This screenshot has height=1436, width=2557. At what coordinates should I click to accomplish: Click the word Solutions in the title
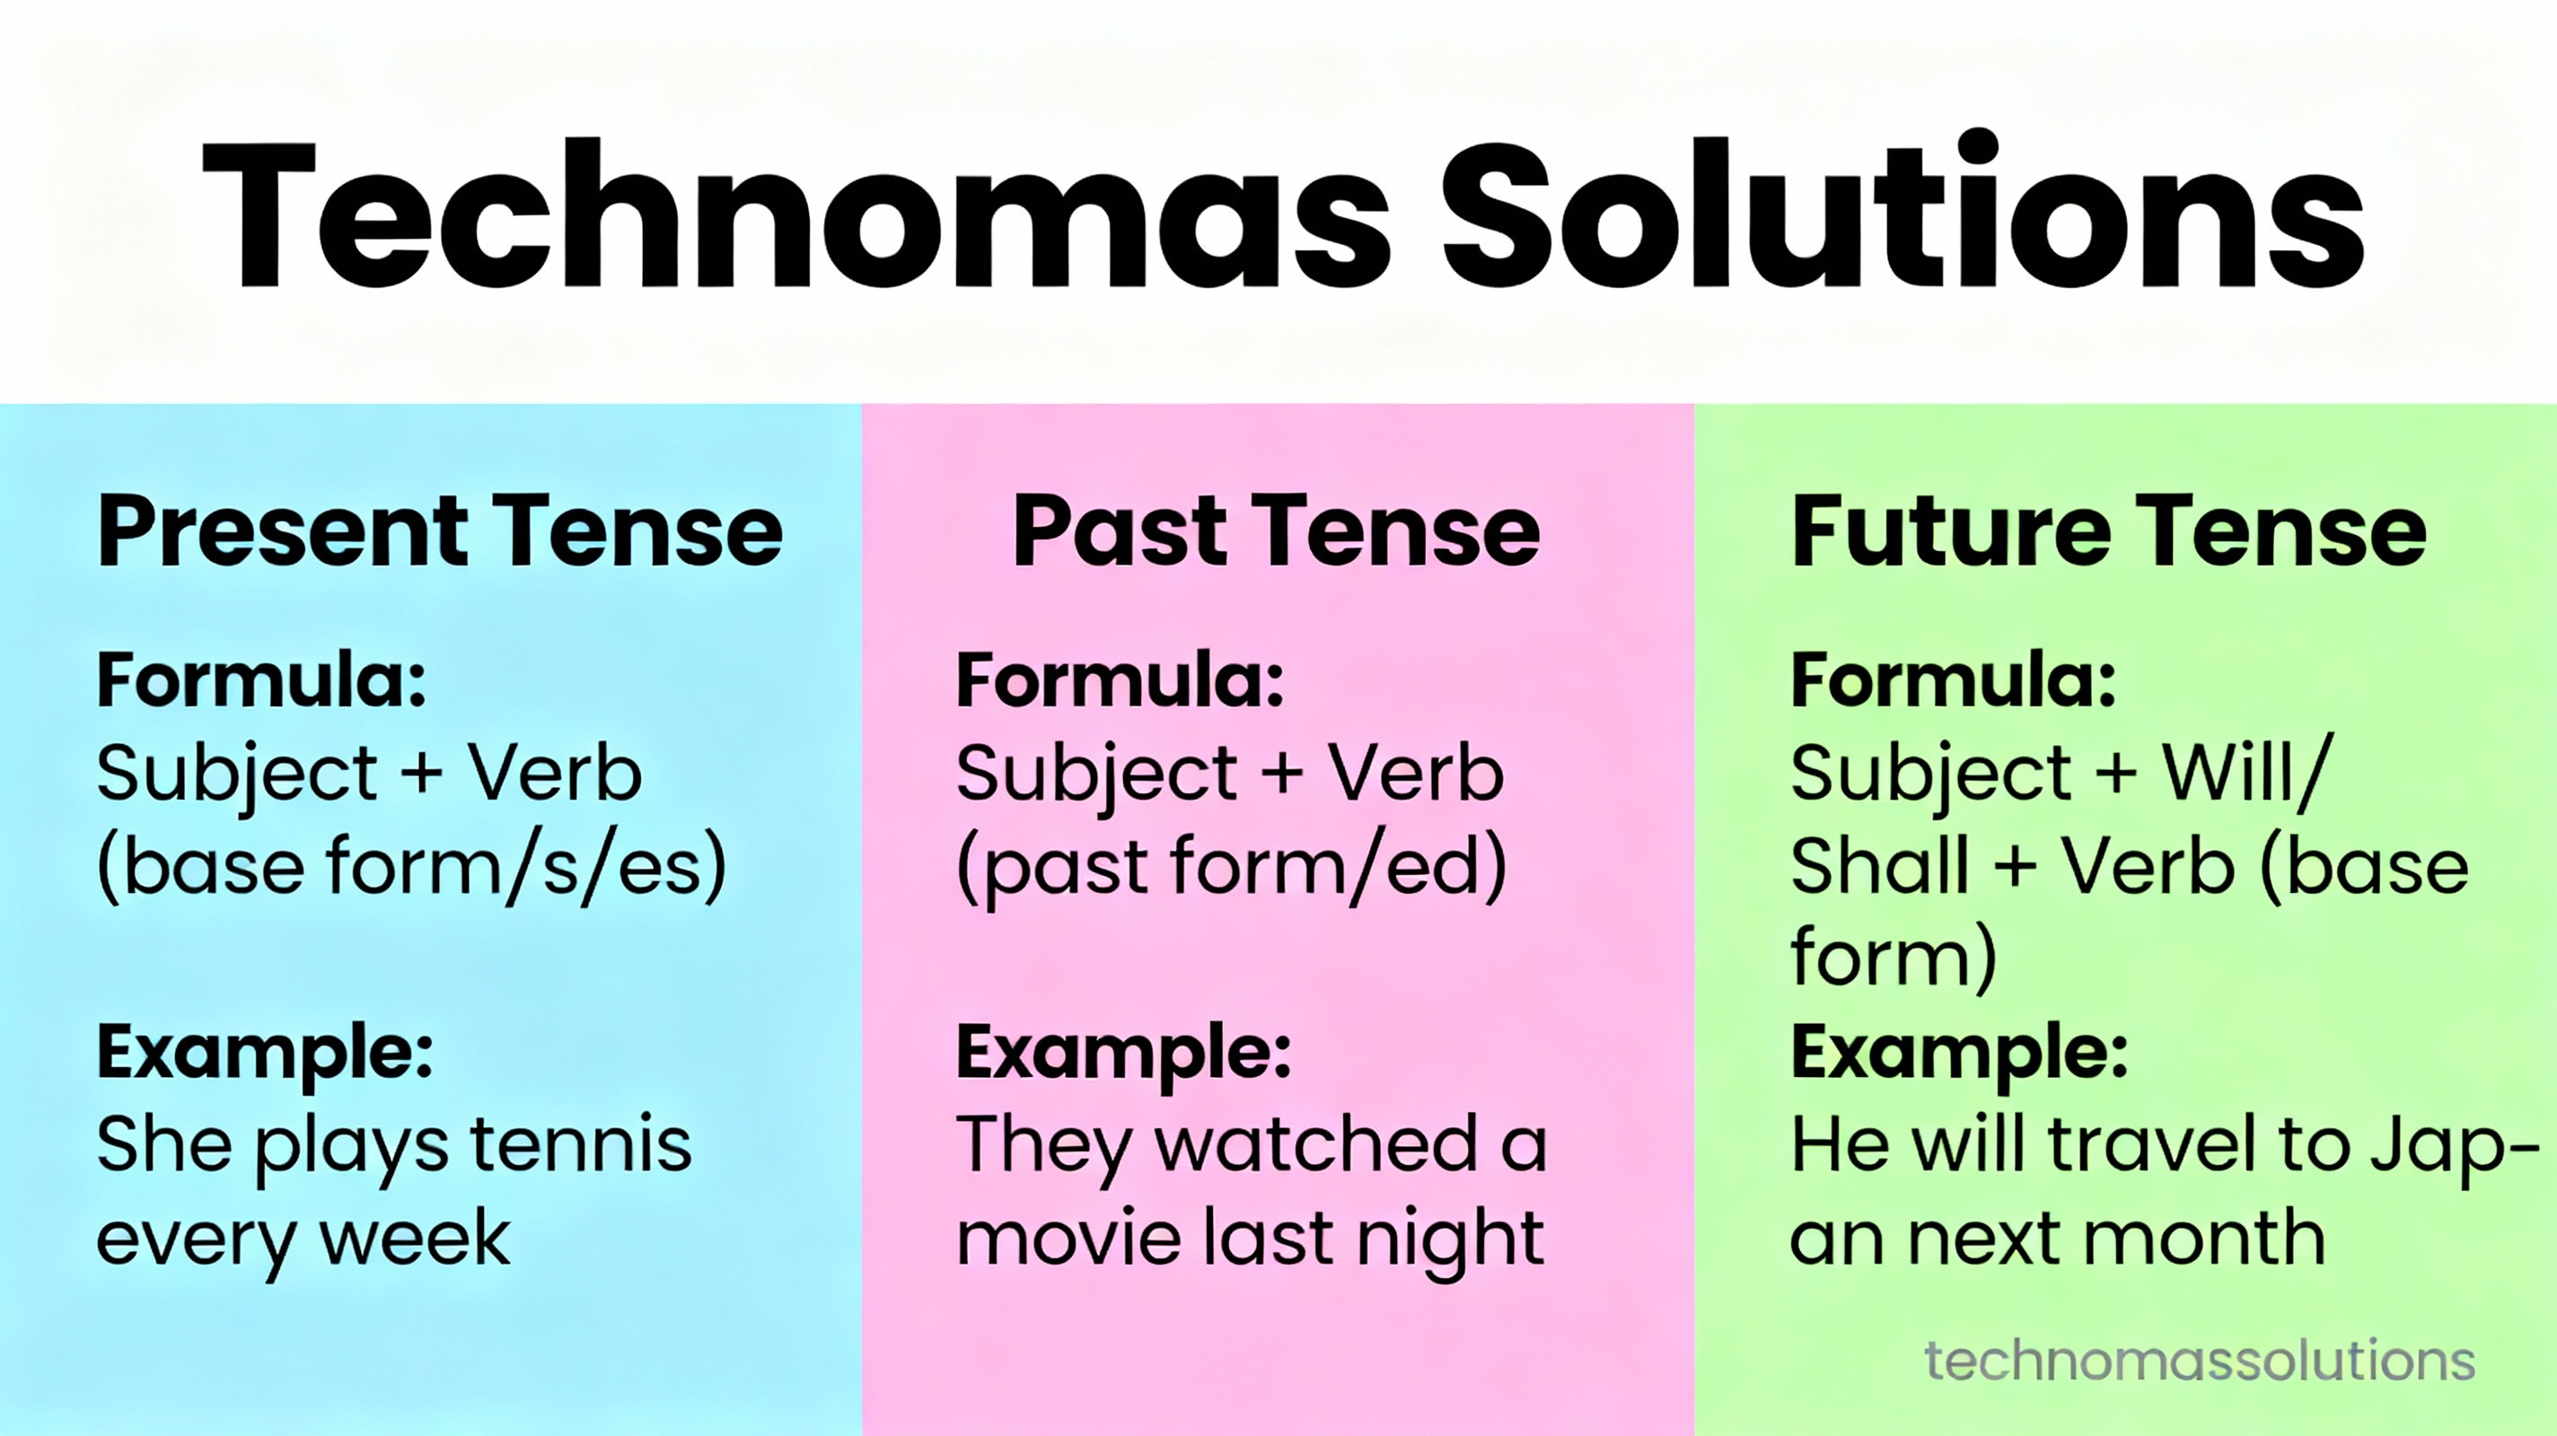pos(1902,210)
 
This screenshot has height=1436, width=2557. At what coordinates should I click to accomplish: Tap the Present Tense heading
pos(440,533)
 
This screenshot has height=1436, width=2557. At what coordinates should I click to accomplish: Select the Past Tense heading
pos(1277,533)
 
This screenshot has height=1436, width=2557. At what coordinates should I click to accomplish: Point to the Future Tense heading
pos(2108,533)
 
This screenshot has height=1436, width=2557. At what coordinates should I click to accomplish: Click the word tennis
pos(581,1144)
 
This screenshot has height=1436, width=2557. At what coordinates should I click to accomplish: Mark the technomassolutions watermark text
pos(2200,1361)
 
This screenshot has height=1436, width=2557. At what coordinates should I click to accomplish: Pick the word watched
pos(1317,1143)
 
